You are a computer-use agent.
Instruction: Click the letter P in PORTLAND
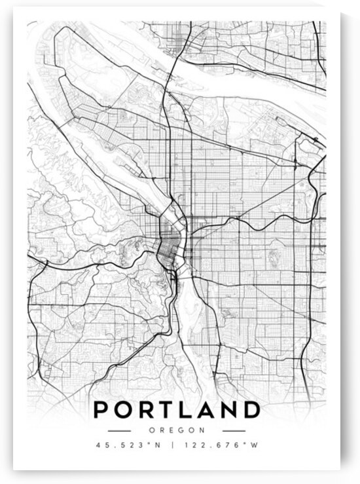click(x=101, y=411)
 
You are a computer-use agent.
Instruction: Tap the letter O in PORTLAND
click(x=125, y=411)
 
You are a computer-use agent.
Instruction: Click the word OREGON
click(x=176, y=431)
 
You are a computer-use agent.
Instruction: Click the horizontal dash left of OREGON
click(x=119, y=431)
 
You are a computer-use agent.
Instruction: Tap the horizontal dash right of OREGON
click(x=234, y=431)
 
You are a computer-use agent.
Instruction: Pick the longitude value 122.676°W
click(x=219, y=445)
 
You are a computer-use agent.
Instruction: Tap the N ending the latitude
click(x=156, y=445)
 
